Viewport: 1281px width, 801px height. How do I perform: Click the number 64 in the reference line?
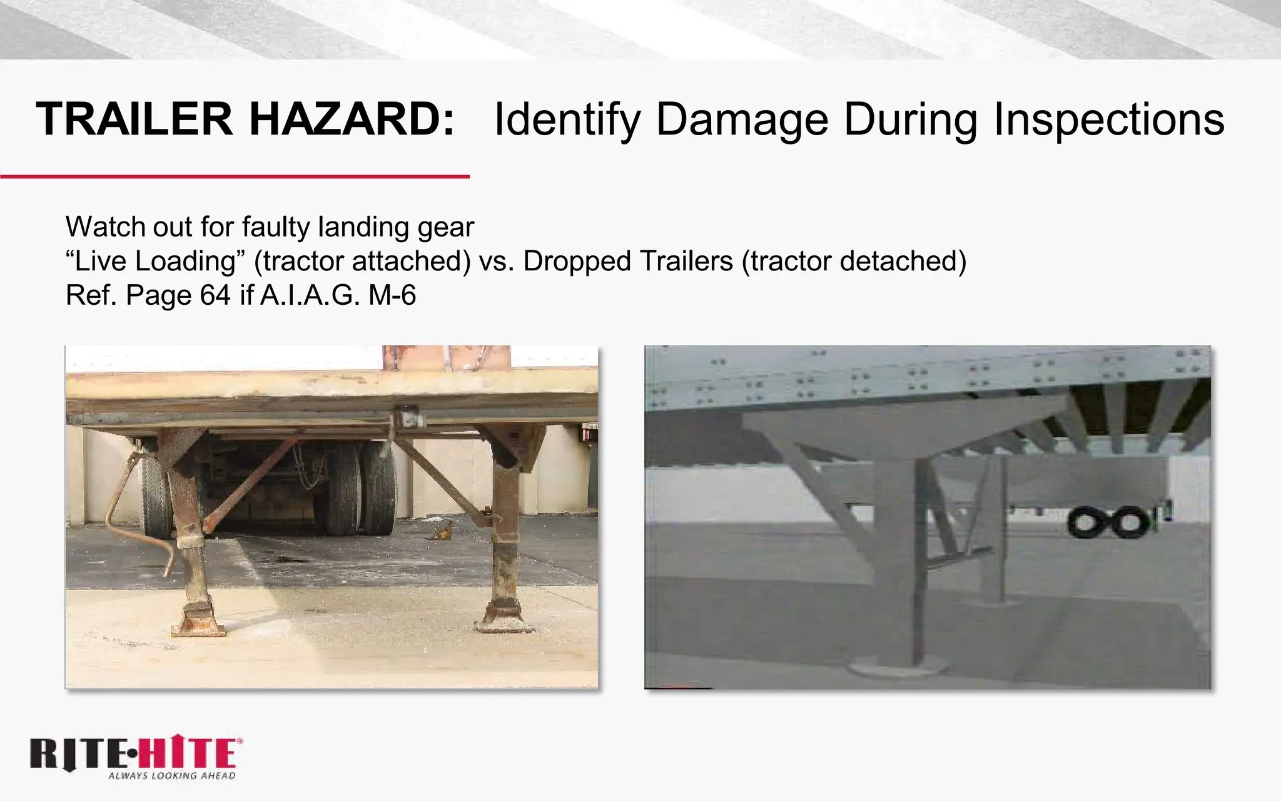(215, 295)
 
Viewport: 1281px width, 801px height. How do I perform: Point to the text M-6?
(392, 295)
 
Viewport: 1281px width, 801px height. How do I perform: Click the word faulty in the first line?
(276, 227)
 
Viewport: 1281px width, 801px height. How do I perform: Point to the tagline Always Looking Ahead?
(172, 776)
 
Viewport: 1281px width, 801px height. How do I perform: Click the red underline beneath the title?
(235, 177)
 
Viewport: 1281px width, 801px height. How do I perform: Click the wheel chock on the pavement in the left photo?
(440, 533)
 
